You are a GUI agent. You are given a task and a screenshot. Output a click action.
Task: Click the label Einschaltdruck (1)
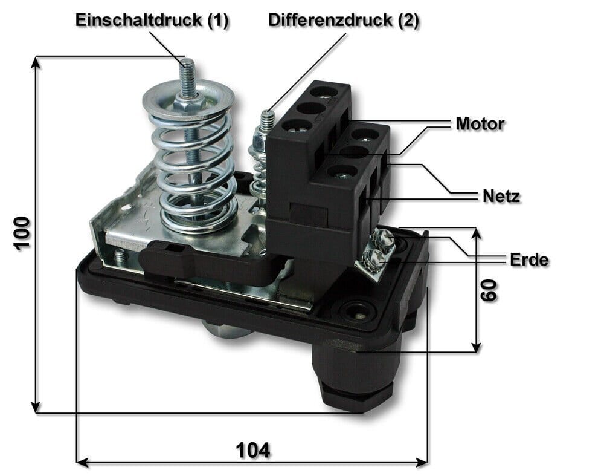152,20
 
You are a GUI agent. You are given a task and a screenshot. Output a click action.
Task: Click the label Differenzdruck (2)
344,20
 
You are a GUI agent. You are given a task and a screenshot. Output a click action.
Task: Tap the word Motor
480,124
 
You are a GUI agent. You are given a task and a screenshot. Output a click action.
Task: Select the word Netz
501,196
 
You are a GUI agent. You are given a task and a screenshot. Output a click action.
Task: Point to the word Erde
529,260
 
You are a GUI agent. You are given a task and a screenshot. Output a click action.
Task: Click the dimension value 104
252,449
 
